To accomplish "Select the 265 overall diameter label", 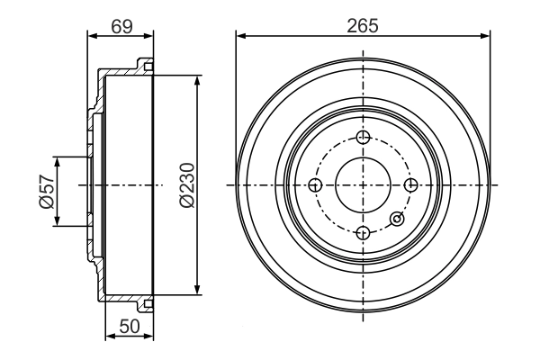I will coord(363,25).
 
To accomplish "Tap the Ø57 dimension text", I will coord(45,191).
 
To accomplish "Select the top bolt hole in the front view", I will coord(363,137).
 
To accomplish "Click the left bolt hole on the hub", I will coord(315,185).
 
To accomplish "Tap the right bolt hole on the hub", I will coord(411,185).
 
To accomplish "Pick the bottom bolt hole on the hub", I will coord(363,233).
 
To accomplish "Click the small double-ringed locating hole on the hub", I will coord(396,218).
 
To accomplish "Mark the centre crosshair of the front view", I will coord(363,185).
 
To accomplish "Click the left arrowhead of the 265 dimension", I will coord(239,37).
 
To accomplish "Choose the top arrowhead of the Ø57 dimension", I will coord(58,160).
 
